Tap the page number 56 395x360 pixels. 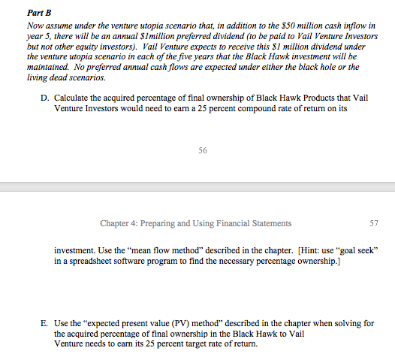coord(203,151)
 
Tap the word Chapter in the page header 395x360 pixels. coord(115,223)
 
